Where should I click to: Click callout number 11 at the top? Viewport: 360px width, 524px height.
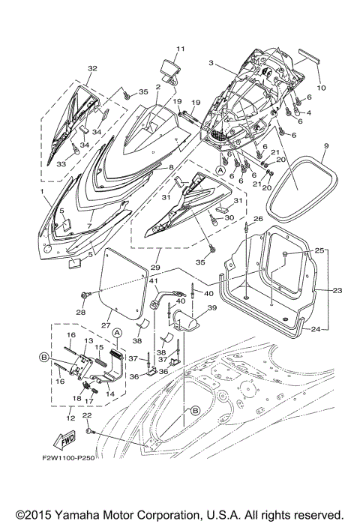coord(179,49)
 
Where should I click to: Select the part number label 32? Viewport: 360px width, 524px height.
coord(92,68)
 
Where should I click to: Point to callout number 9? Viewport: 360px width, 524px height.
coord(326,144)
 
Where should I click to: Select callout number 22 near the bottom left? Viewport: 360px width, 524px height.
coord(87,415)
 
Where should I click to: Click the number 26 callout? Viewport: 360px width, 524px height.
coord(257,219)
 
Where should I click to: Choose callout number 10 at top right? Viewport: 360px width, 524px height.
coord(322,87)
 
